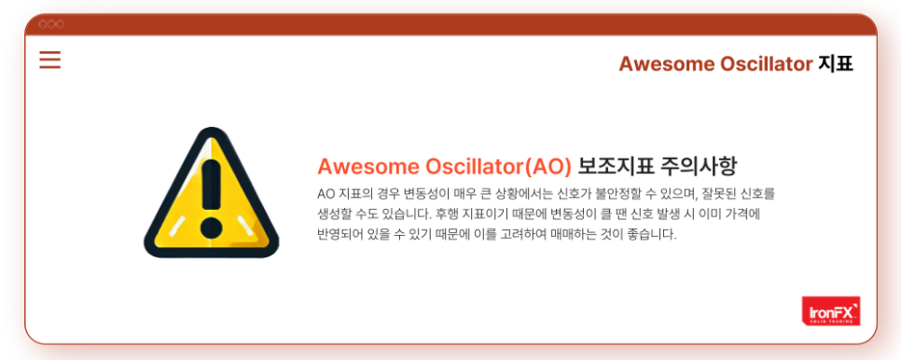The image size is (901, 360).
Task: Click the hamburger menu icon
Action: coord(50,60)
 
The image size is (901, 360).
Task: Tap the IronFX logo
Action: coord(831,312)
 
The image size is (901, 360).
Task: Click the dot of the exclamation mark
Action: coord(212,228)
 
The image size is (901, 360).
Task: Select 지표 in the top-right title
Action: coord(836,64)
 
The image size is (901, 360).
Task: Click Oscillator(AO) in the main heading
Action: coord(498,167)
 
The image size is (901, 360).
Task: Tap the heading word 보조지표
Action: coord(616,167)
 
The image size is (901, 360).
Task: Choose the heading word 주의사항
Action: coord(699,167)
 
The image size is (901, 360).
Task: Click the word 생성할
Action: coord(331,215)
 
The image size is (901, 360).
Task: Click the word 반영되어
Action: coord(336,235)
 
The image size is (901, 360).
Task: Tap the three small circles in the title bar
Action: coord(51,24)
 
